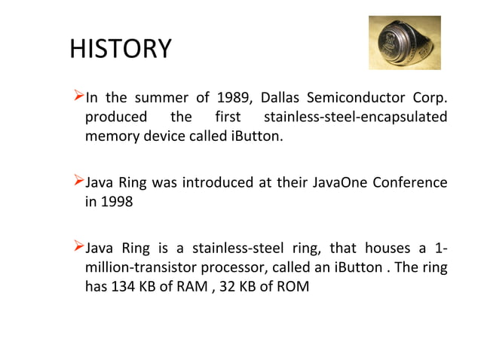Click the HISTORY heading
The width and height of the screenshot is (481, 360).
120,50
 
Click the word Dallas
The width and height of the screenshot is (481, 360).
285,99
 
